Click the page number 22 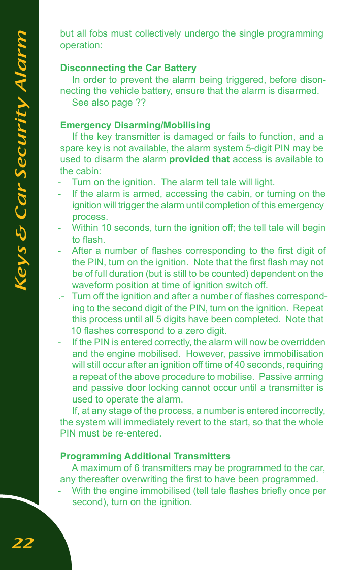point(22,544)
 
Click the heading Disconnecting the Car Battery point(128,68)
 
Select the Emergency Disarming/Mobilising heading point(135,125)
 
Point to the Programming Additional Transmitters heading point(145,456)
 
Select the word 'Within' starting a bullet point(84,228)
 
